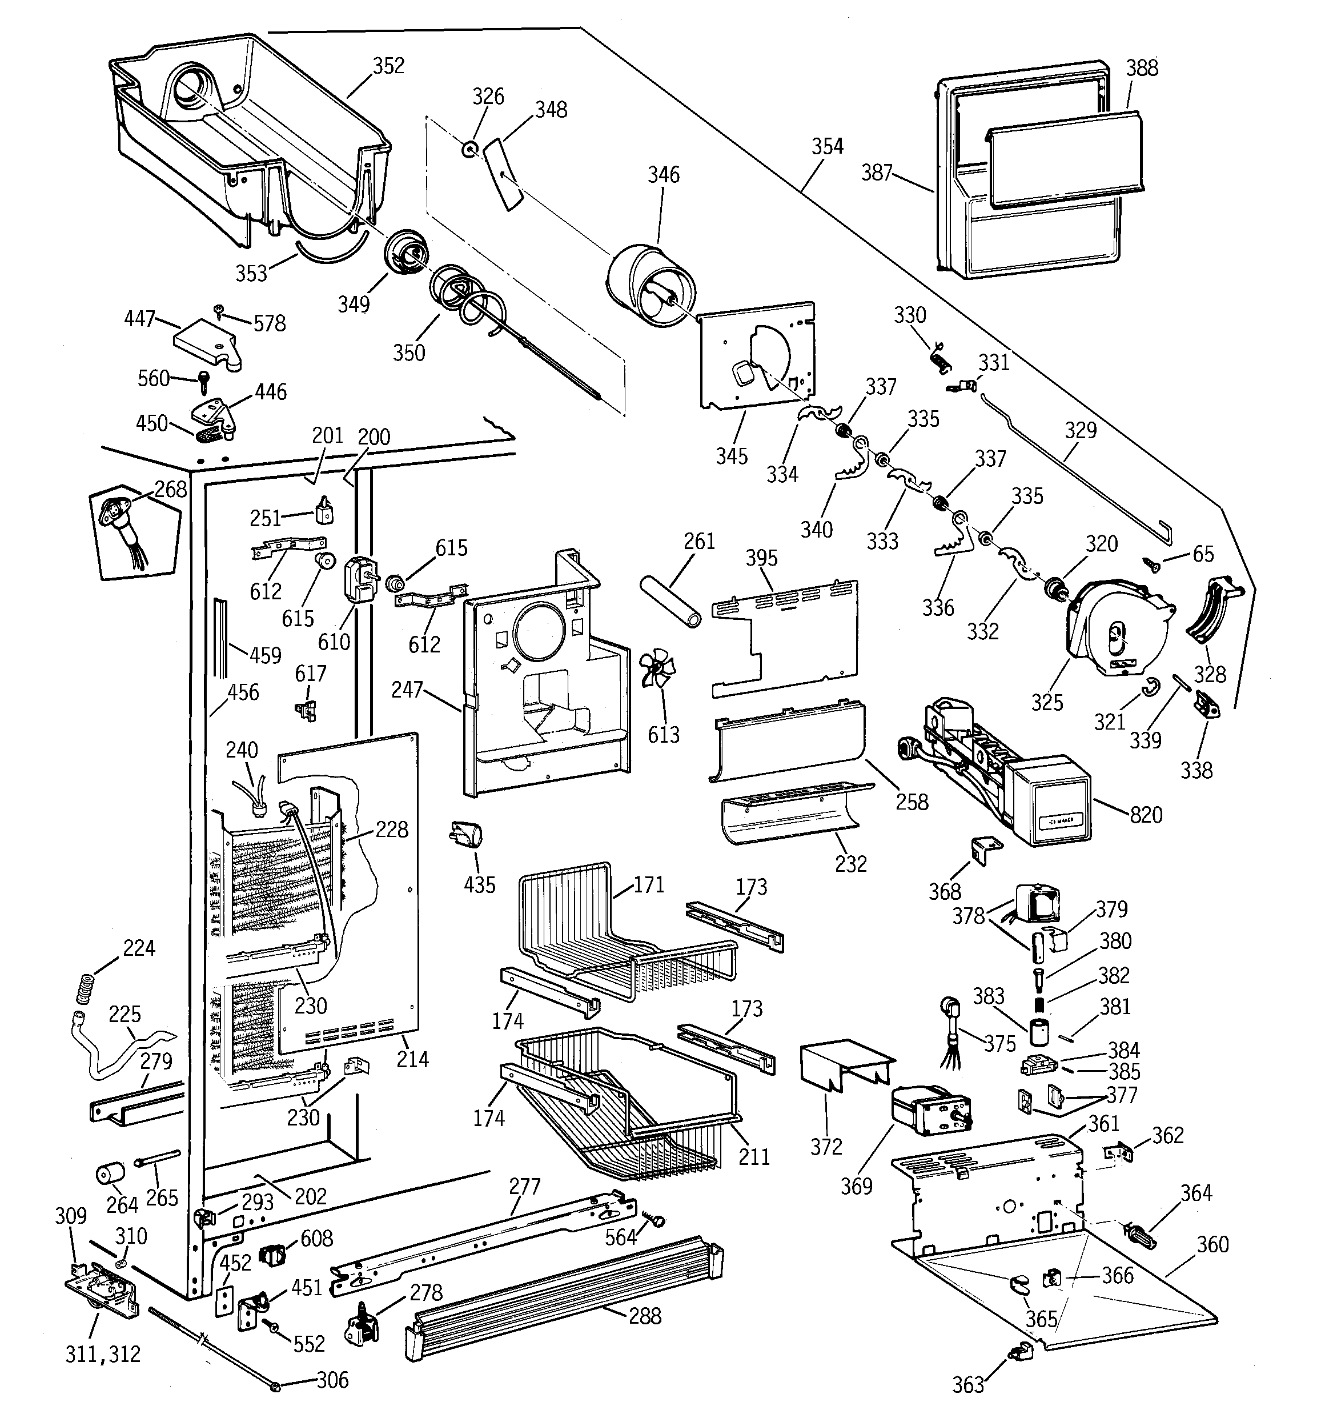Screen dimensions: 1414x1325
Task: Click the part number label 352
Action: (x=388, y=66)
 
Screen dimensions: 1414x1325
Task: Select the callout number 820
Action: (x=1146, y=814)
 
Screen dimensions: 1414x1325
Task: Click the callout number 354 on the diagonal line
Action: (x=827, y=146)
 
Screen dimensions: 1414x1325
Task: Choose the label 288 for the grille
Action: (x=644, y=1316)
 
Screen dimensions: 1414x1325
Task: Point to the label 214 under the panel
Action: (x=412, y=1059)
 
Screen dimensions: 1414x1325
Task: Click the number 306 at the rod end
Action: (x=332, y=1380)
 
